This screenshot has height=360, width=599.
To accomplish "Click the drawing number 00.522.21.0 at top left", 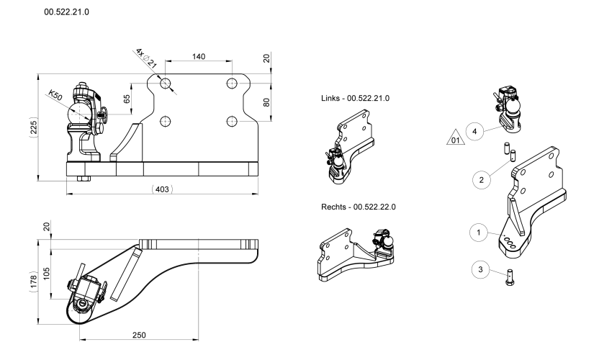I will [x=71, y=12].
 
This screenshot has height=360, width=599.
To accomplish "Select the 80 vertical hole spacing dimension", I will [x=266, y=102].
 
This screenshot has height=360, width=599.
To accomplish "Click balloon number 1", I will [x=474, y=233].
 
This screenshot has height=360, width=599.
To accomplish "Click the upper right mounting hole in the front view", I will [x=232, y=84].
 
